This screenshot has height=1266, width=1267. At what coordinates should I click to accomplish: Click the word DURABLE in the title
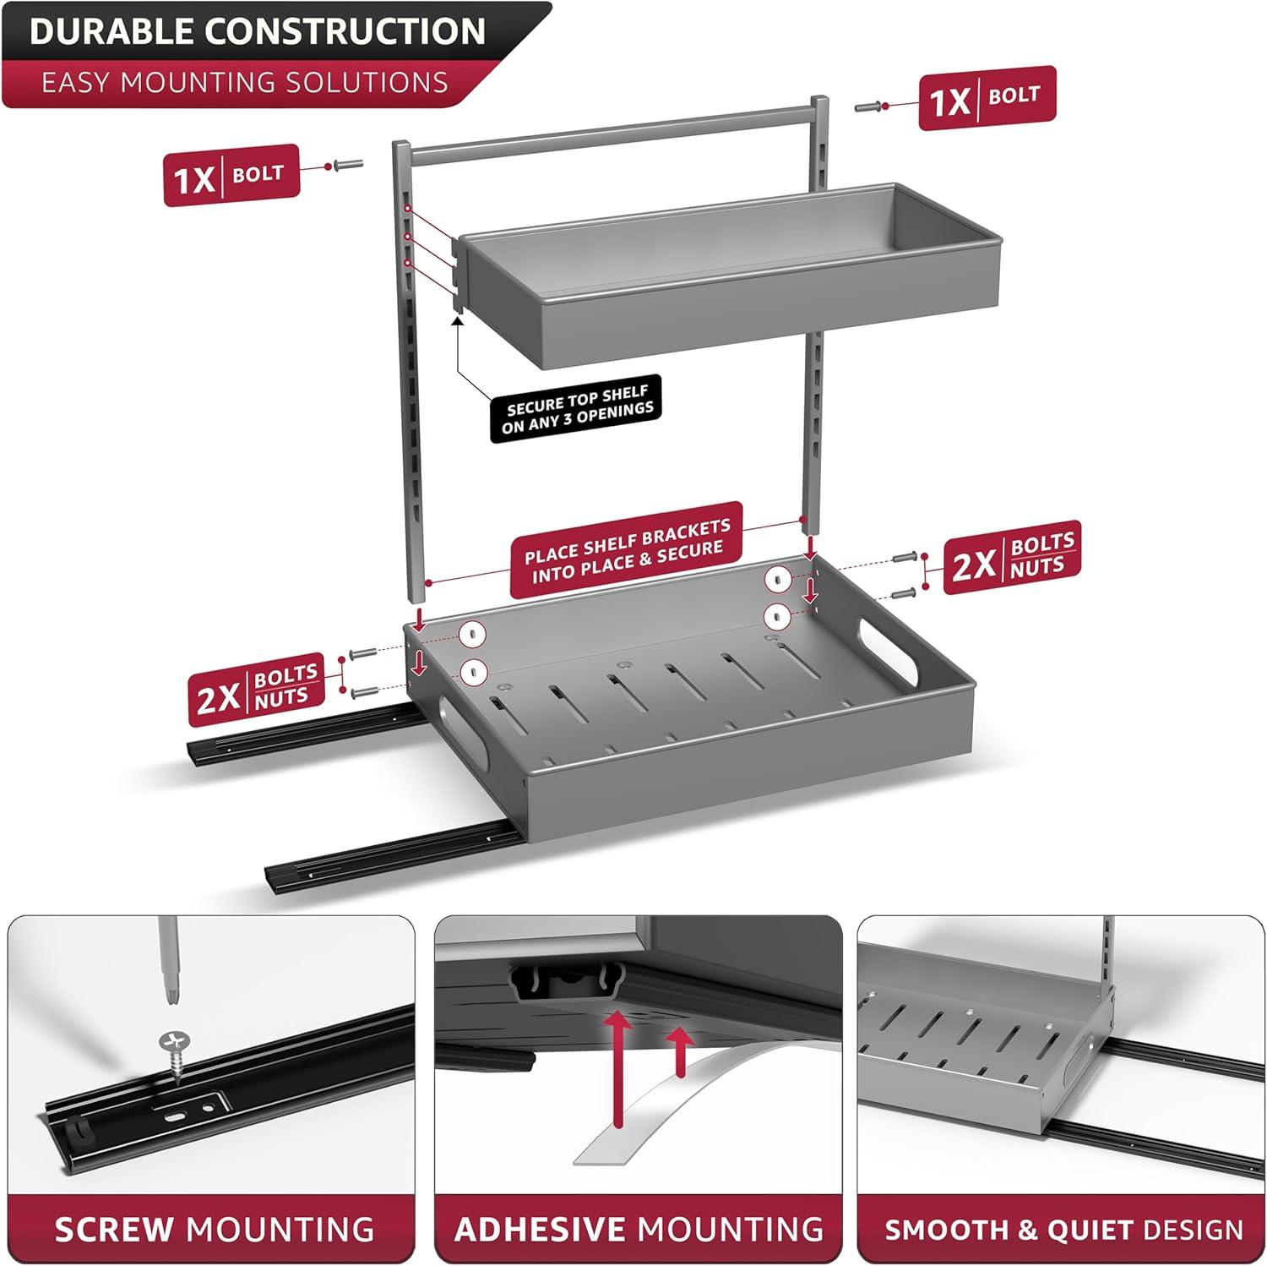click(112, 31)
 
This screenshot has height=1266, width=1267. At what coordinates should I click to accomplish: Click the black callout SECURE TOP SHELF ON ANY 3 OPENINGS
click(577, 409)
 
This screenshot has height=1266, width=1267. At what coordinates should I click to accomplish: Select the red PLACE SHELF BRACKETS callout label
click(627, 550)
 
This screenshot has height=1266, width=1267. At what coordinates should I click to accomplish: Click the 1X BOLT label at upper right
click(987, 98)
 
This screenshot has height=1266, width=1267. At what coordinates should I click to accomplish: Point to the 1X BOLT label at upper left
click(231, 176)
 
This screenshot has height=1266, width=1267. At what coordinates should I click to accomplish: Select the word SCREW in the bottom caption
click(114, 1229)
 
